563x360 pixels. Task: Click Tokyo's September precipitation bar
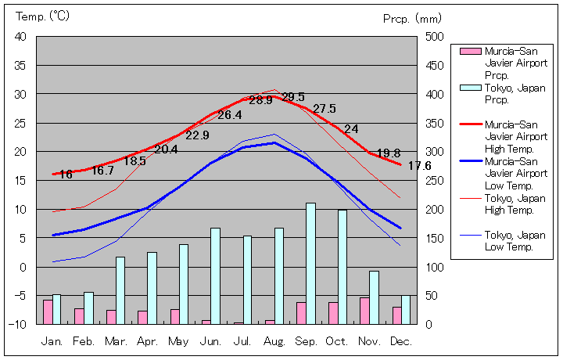point(310,263)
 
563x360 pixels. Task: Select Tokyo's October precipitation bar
point(342,266)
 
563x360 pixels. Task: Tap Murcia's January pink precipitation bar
point(48,311)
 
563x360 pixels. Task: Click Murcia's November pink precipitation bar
point(364,310)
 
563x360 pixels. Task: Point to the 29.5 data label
point(293,97)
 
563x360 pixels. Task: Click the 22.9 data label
point(197,135)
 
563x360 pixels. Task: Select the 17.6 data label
point(419,166)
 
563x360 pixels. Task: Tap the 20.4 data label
point(166,149)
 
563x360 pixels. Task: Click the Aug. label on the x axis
point(273,341)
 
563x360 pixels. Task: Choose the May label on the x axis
point(178,341)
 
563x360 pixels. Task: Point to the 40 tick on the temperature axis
point(20,37)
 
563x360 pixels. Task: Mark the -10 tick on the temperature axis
point(18,324)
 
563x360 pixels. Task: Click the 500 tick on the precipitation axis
point(434,37)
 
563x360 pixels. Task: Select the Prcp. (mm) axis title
point(412,18)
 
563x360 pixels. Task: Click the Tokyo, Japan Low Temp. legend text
point(514,241)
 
